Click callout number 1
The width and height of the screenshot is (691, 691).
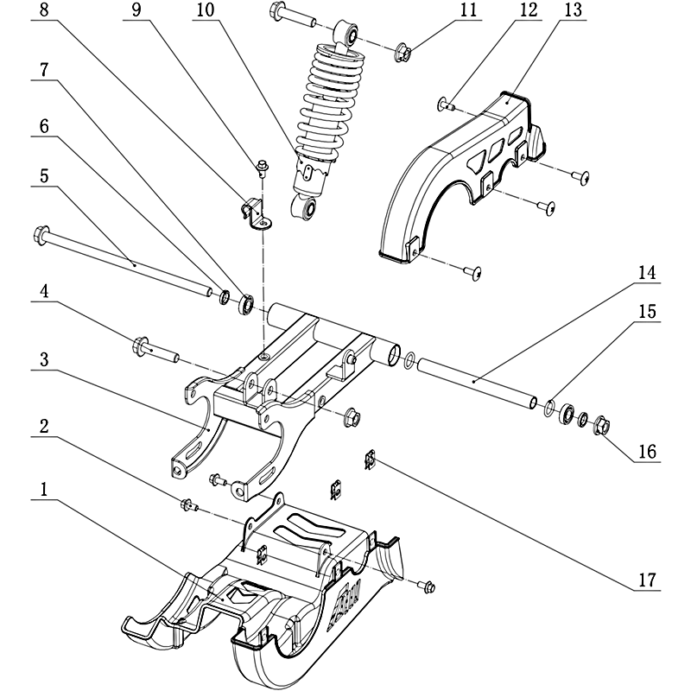click(x=42, y=490)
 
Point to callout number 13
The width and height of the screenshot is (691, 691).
click(x=573, y=11)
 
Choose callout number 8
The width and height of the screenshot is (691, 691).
click(x=43, y=11)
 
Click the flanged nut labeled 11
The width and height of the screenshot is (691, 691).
click(x=403, y=54)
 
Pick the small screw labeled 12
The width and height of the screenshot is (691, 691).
click(x=446, y=105)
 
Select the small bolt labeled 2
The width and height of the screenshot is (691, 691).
click(x=187, y=505)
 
